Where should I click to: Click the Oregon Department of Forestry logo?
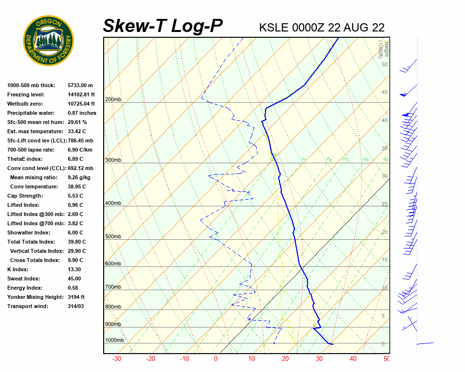48,41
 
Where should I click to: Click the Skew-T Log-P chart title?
163,26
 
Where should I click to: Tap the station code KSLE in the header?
274,28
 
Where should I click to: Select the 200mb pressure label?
113,100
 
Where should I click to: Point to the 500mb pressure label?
113,237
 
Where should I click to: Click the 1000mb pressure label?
114,341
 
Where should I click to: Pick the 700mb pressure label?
113,287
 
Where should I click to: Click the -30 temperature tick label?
117,359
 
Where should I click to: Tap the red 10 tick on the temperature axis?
251,359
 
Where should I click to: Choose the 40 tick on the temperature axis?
353,359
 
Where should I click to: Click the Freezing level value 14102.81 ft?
81,94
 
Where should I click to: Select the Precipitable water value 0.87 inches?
82,113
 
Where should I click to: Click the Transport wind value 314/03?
77,306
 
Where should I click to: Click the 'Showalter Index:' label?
27,232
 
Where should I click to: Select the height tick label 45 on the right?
384,93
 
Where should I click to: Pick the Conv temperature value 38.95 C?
77,186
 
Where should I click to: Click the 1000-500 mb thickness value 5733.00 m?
80,85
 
